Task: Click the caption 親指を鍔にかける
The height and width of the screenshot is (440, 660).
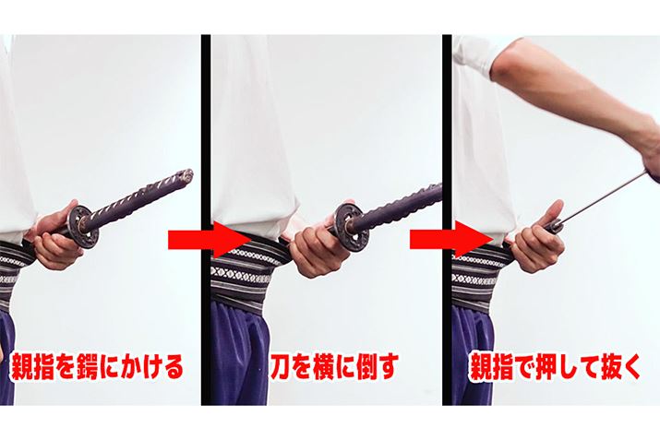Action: (97, 367)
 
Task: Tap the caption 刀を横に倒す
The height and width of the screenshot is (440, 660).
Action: (334, 367)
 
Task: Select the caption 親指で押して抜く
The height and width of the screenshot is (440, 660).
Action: (555, 367)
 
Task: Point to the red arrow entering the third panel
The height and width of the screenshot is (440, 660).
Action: (451, 241)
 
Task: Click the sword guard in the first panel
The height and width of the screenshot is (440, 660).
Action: (84, 226)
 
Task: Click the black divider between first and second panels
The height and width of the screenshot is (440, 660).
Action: (206, 220)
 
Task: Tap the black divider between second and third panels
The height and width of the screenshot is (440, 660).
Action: (447, 220)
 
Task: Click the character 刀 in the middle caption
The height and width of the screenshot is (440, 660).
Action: (282, 367)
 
